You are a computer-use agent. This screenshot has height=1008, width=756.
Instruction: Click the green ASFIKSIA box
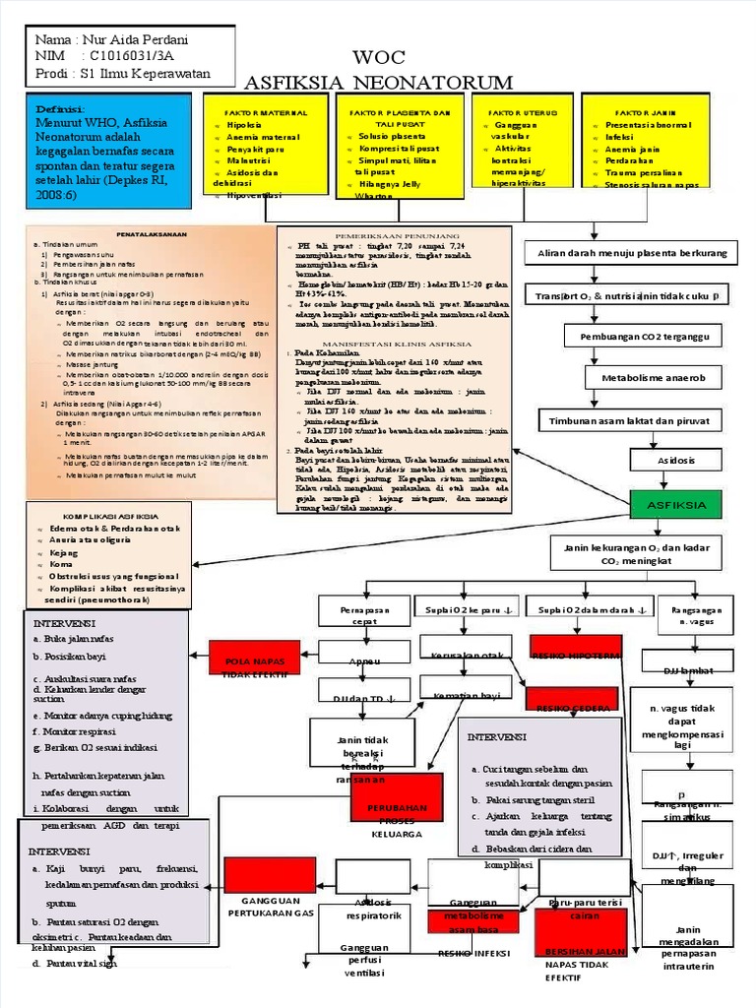click(x=675, y=505)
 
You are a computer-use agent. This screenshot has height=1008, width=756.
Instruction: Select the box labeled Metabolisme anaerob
click(x=648, y=378)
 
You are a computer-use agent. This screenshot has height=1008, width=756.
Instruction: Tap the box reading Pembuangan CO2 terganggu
click(x=643, y=337)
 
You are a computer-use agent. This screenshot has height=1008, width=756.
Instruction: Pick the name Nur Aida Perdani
click(x=138, y=39)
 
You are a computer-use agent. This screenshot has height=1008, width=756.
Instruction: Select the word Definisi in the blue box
click(x=61, y=108)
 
